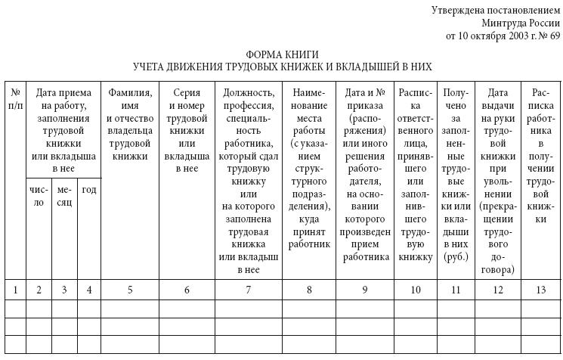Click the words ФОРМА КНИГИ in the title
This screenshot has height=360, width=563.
pos(282,55)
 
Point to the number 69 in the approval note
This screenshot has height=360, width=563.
pos(554,36)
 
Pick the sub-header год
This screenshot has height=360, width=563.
pos(89,189)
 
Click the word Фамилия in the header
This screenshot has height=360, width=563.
pos(130,92)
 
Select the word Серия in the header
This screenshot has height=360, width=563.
pos(187,92)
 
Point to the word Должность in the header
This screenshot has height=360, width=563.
pos(247,92)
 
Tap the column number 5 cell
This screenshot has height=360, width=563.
pos(130,289)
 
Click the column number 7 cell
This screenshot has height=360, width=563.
pos(247,289)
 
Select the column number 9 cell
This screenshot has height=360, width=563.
pos(365,289)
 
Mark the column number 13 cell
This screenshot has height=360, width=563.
pos(540,289)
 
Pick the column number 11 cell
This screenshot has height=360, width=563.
pos(456,289)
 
